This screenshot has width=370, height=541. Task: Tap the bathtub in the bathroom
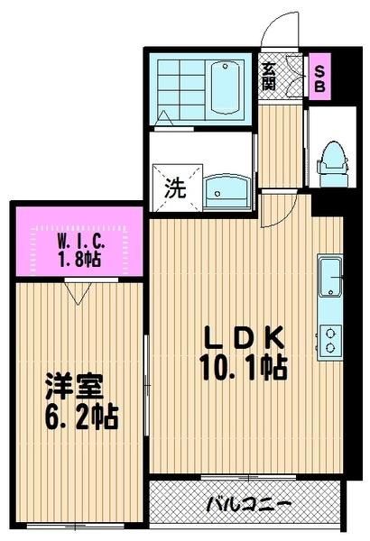click(x=222, y=88)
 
